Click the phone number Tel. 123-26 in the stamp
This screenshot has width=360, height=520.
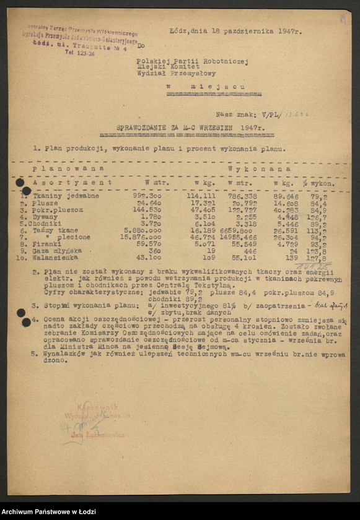[x=79, y=54]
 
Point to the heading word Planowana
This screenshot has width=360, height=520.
[x=68, y=168]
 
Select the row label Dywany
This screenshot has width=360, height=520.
[x=46, y=217]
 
